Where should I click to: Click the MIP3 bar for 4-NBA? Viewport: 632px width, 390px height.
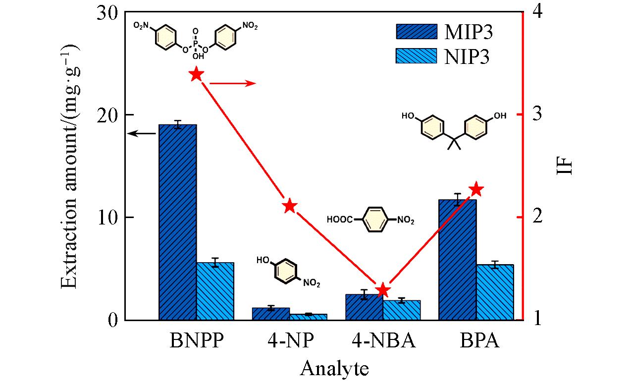point(364,307)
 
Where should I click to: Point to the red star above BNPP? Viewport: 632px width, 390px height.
point(196,74)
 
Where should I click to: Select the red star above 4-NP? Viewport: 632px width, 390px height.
point(290,206)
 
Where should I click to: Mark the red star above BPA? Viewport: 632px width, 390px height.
point(476,189)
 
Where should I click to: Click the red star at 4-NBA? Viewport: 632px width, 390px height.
point(382,290)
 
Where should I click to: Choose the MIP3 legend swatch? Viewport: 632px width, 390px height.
point(417,31)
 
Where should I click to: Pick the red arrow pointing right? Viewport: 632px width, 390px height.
point(233,83)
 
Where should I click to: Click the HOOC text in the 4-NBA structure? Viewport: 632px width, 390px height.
point(340,219)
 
